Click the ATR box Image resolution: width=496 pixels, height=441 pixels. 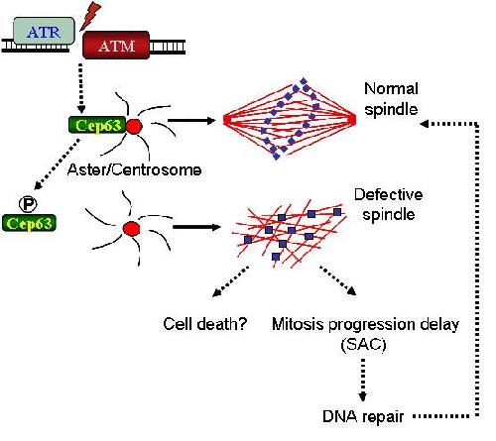(x=44, y=32)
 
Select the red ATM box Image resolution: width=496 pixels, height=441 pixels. (x=116, y=46)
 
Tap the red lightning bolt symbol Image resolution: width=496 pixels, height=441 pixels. (x=90, y=16)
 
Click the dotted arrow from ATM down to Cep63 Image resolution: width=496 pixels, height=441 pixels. (x=81, y=88)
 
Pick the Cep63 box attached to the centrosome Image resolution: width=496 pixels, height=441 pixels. (x=97, y=125)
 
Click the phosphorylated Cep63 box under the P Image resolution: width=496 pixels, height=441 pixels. (x=29, y=223)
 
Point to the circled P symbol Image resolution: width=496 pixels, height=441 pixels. (x=28, y=204)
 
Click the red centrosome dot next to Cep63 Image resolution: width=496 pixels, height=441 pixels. (x=134, y=127)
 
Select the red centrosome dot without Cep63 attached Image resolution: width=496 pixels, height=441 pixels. (x=131, y=228)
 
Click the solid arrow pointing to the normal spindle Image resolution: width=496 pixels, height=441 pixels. (x=191, y=120)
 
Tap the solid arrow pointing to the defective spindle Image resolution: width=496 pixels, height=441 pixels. (x=196, y=227)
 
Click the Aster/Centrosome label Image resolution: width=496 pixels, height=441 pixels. (x=134, y=169)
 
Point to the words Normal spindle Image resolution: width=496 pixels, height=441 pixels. (x=391, y=99)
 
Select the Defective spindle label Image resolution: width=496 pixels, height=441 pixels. (x=389, y=204)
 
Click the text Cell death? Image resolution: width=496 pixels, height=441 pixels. (x=205, y=324)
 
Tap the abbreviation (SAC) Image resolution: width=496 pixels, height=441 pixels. (x=363, y=345)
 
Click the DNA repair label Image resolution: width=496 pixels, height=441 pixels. (x=363, y=416)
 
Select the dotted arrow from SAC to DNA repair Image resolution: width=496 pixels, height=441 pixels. (x=363, y=380)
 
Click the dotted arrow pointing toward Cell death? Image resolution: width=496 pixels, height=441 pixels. (x=230, y=281)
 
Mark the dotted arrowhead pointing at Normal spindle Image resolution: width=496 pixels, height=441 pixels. (x=425, y=124)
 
